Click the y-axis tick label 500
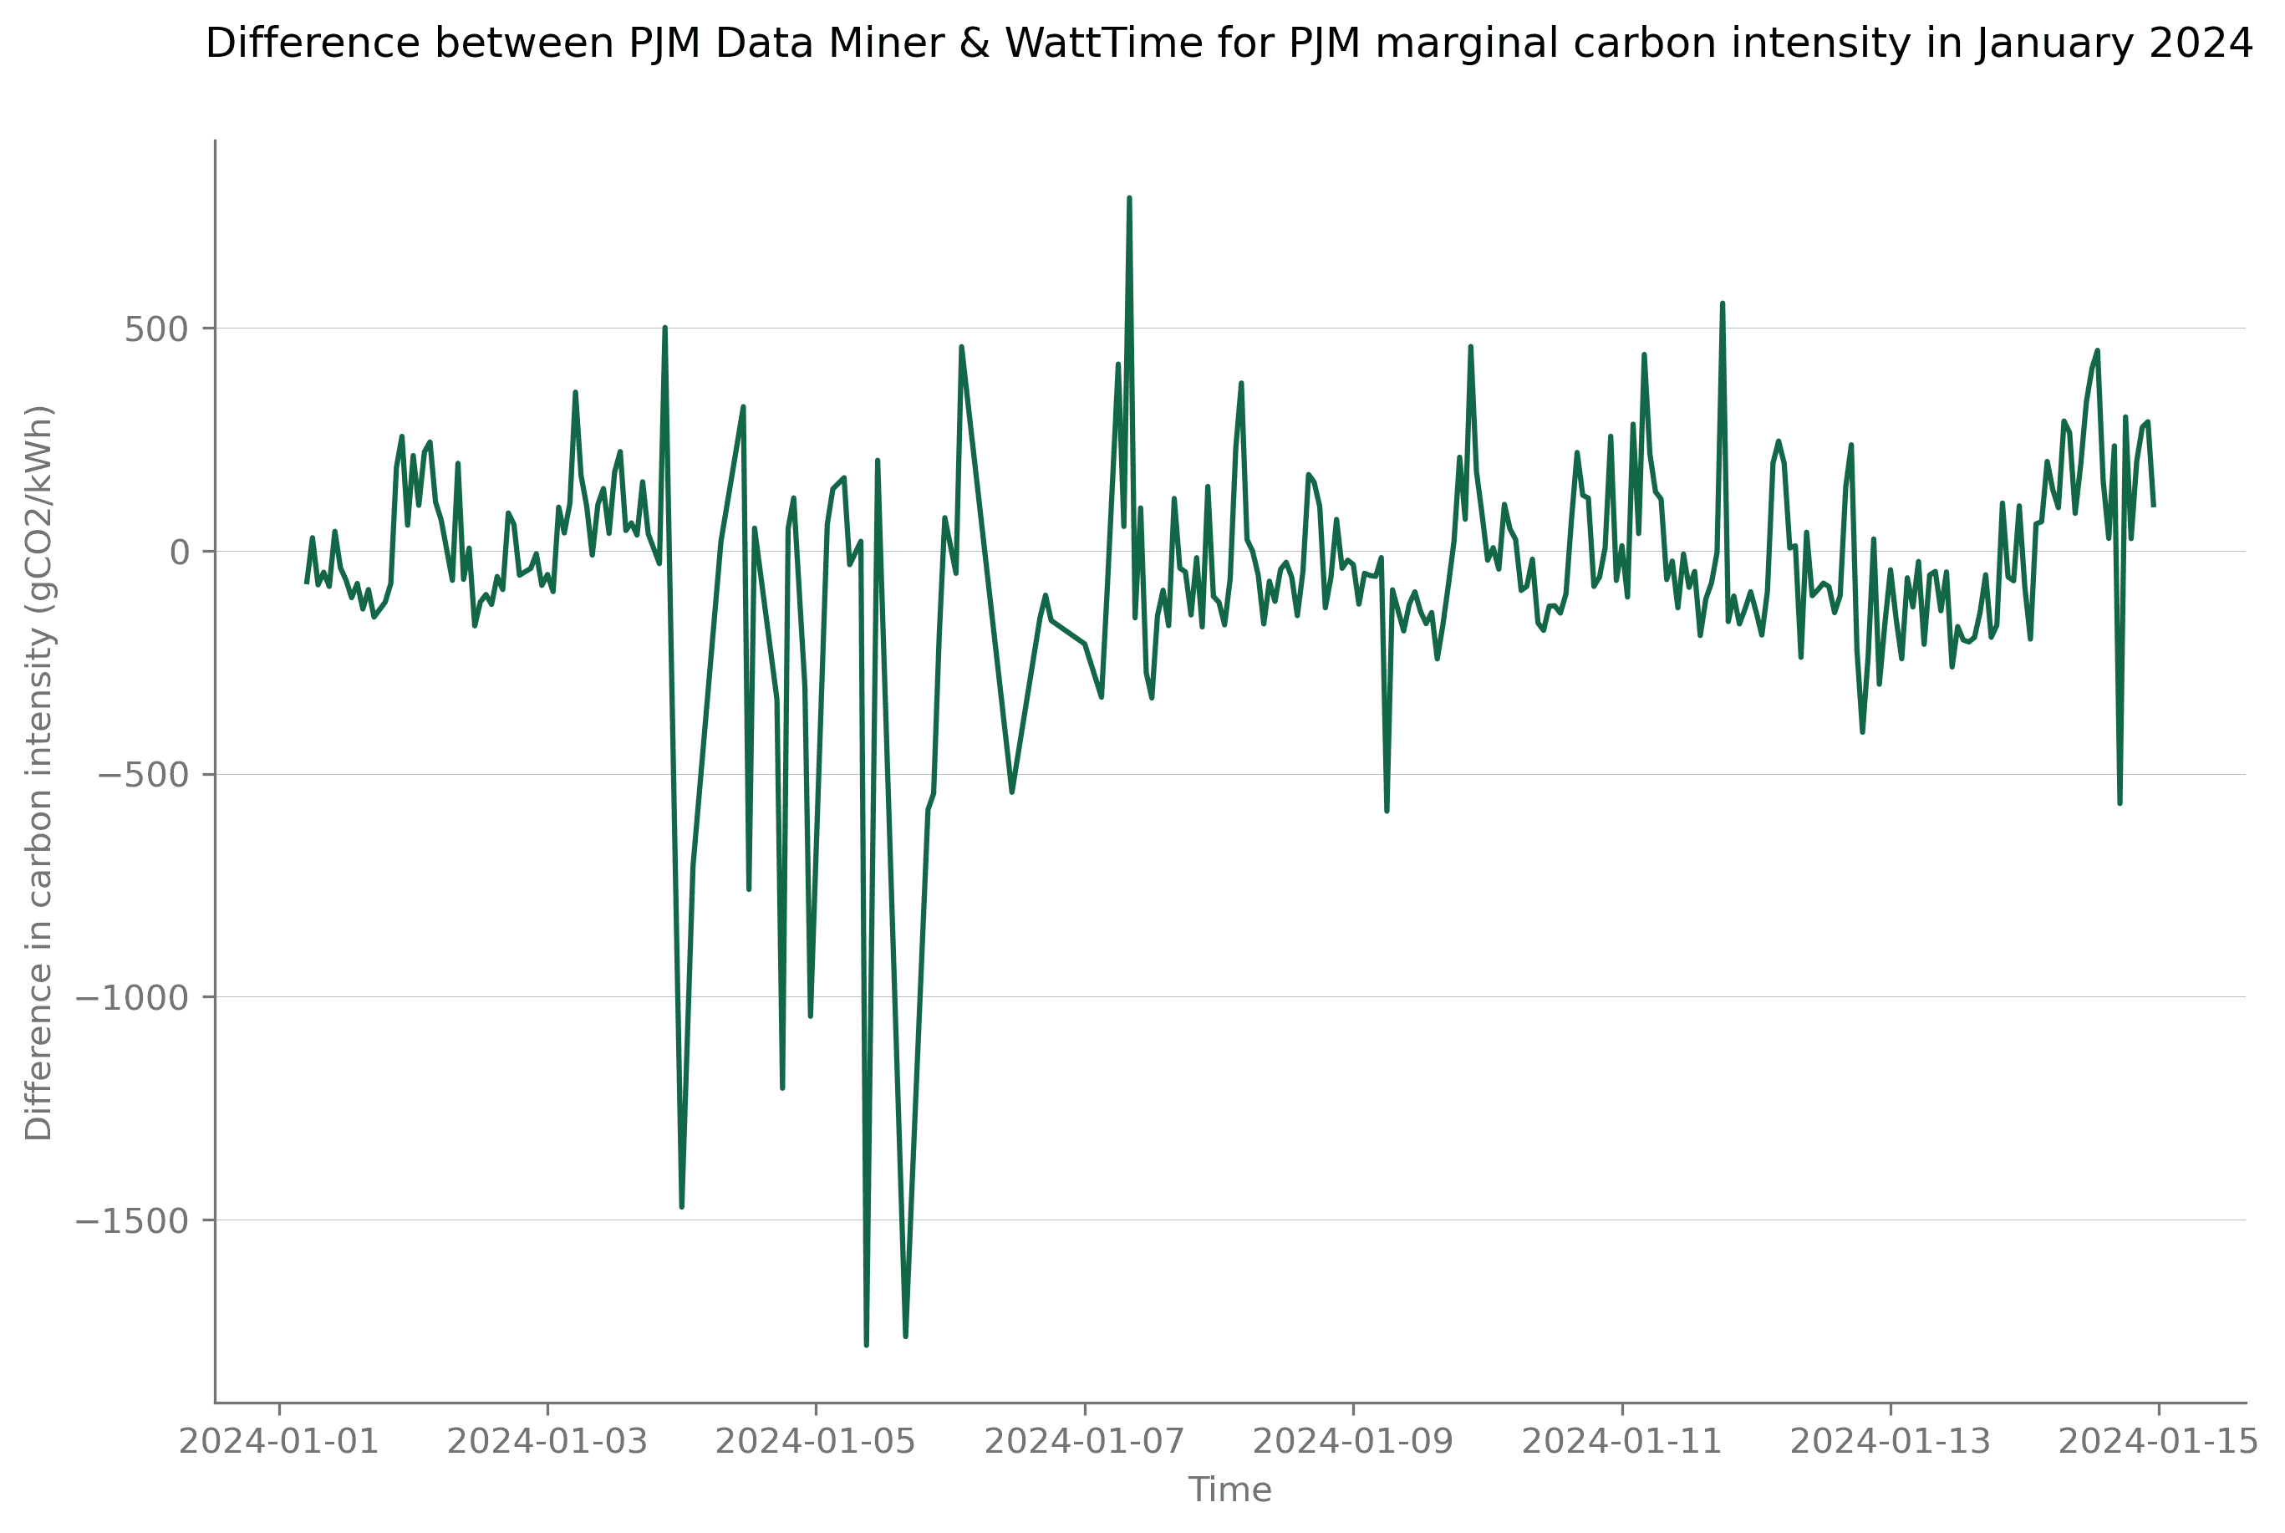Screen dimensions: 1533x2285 (155, 330)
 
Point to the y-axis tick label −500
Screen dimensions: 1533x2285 (143, 777)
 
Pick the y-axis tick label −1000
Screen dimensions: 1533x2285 (131, 999)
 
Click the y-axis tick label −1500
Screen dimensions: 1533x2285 (131, 1222)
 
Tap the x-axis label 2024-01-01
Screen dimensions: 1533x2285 (278, 1442)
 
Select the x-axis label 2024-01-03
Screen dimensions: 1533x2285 (547, 1442)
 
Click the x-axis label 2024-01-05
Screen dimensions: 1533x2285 (815, 1442)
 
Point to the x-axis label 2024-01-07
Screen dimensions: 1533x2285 (1084, 1442)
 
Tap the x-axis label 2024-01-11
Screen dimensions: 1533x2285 (1621, 1442)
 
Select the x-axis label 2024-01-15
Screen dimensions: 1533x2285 (2158, 1442)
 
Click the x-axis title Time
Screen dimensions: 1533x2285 (1229, 1490)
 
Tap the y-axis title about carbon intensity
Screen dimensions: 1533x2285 (39, 772)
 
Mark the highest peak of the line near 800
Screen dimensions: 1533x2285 (1129, 198)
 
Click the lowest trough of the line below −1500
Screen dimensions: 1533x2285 (866, 1345)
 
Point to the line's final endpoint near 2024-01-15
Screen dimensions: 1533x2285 (2153, 506)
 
